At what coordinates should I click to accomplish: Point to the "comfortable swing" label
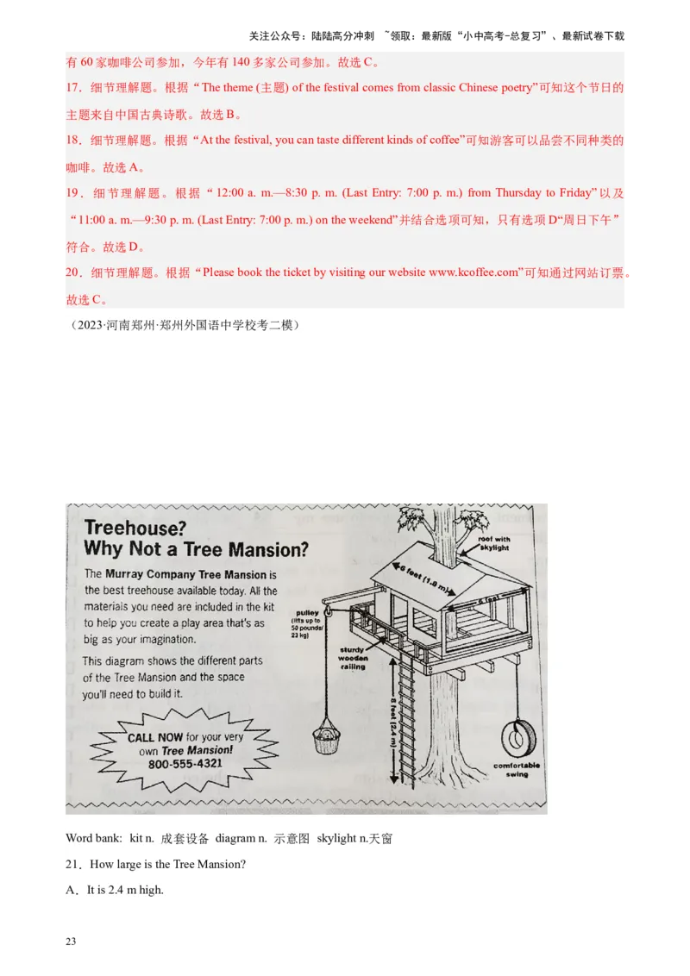517,769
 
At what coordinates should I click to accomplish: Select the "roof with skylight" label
494,543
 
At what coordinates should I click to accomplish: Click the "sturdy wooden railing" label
352,658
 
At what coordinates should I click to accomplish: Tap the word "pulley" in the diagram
307,613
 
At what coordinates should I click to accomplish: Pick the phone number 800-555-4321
185,764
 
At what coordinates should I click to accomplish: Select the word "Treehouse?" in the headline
135,528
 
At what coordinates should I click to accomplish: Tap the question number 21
72,865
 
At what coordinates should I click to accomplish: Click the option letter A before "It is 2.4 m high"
72,890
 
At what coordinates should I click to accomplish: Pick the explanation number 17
73,87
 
